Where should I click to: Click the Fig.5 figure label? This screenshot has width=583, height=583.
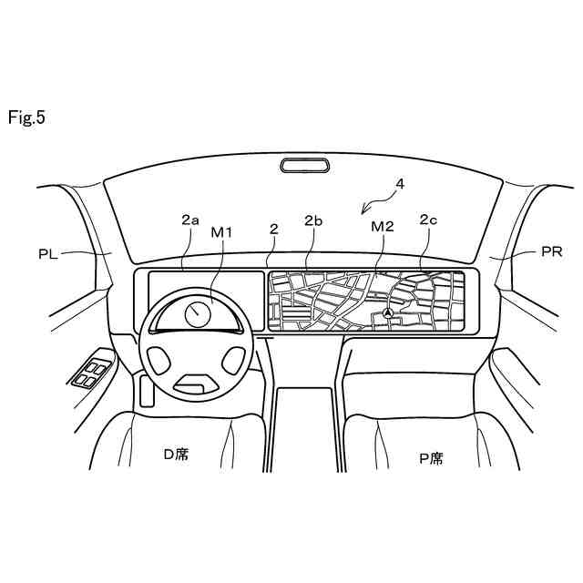click(x=26, y=118)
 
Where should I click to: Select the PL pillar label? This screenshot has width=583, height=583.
click(x=48, y=254)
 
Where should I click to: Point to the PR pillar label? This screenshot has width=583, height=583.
click(x=551, y=252)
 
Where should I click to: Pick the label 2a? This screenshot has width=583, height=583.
click(x=189, y=220)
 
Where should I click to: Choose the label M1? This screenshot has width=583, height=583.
click(x=222, y=232)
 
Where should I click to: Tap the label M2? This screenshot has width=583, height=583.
click(x=383, y=226)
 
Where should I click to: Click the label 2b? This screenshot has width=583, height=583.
click(x=313, y=220)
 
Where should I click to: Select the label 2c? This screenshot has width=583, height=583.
click(x=429, y=220)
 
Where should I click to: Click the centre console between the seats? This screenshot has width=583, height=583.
click(x=305, y=428)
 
